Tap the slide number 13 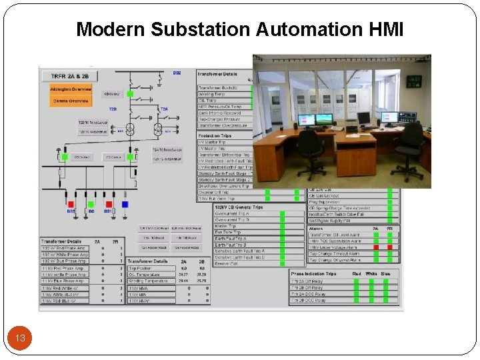point(20,339)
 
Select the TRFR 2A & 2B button point(70,76)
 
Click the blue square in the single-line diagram point(125,204)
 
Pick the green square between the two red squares point(91,204)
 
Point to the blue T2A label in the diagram point(164,109)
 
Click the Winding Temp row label point(213,94)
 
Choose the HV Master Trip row point(213,142)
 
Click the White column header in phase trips point(371,273)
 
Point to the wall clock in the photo point(414,81)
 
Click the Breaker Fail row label point(227,263)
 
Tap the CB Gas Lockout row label point(327,196)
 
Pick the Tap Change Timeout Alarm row point(334,253)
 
